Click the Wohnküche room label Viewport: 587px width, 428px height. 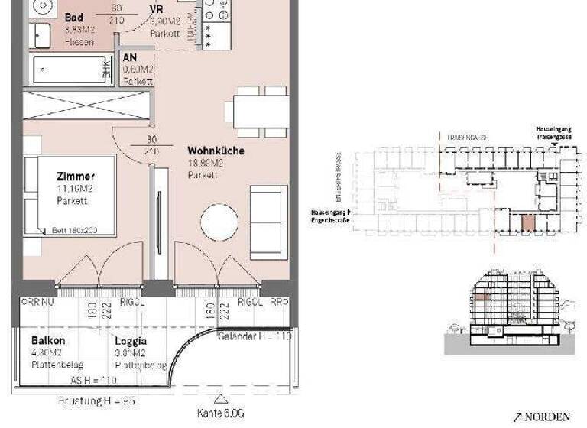point(216,151)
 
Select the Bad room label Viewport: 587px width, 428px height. point(74,18)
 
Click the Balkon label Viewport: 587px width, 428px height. point(47,341)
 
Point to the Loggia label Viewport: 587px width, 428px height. point(131,342)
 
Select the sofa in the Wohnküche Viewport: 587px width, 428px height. point(269,222)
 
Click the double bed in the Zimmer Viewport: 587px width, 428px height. point(69,195)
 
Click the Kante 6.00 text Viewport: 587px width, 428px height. point(220,413)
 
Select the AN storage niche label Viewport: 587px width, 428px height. point(129,57)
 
